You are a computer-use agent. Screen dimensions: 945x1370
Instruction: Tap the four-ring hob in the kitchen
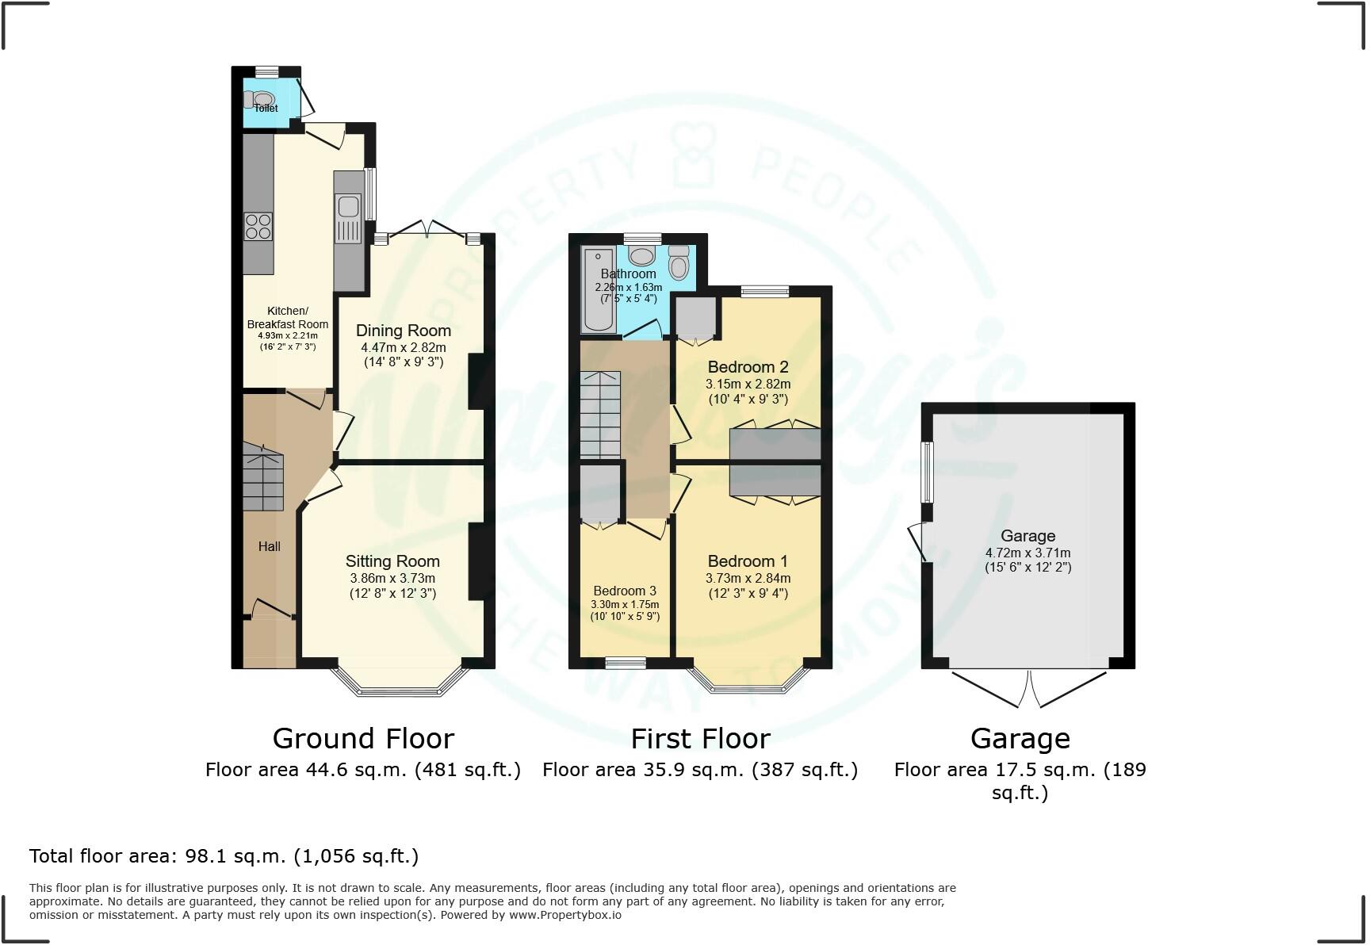[x=258, y=227]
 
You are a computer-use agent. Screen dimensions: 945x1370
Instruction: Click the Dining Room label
[x=403, y=331]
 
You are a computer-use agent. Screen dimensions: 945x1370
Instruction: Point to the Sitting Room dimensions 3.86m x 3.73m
[x=392, y=579]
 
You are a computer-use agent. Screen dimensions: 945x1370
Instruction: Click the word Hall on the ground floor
[x=269, y=546]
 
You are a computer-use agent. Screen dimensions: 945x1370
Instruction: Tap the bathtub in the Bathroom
[x=598, y=289]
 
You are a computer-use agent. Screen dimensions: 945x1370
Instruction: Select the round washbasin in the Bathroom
[x=641, y=255]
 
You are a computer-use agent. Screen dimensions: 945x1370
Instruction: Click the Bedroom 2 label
[x=748, y=367]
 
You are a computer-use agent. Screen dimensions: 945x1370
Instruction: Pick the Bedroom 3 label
[x=625, y=591]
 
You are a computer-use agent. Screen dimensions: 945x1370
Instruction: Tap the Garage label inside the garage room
[x=1027, y=536]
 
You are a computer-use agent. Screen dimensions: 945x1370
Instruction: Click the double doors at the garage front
[x=1028, y=689]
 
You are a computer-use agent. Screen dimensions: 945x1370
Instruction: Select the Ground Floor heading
[x=363, y=739]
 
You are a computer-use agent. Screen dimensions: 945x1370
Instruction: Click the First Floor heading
[x=700, y=739]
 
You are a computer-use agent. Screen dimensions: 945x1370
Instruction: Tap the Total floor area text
[x=224, y=856]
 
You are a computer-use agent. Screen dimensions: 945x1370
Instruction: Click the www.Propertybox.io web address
[x=564, y=915]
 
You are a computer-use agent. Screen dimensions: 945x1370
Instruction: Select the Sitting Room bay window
[x=400, y=687]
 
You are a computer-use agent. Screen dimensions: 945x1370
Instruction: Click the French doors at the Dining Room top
[x=427, y=229]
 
